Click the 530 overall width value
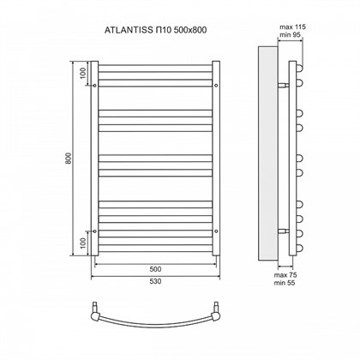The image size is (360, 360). click(x=155, y=280)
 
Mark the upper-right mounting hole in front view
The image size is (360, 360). click(x=215, y=86)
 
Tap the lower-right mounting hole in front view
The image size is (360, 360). click(x=215, y=231)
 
